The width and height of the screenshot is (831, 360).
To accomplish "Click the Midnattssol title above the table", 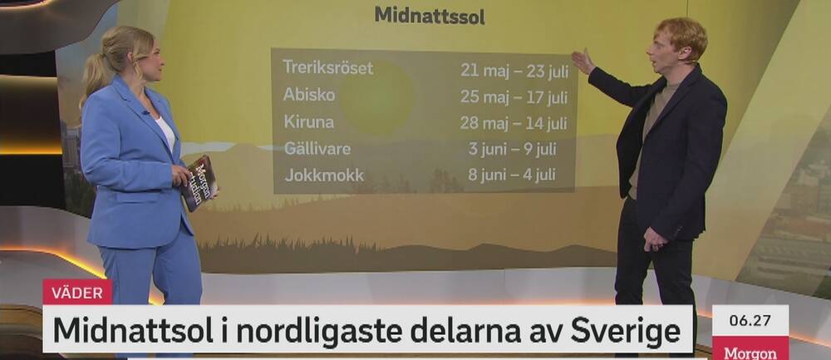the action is [430, 16].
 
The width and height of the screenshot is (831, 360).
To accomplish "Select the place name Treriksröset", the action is [328, 68].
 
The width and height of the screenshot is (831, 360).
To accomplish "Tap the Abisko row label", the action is [309, 95].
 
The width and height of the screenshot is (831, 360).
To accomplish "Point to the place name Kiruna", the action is [309, 122].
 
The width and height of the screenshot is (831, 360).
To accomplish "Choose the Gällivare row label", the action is [317, 149].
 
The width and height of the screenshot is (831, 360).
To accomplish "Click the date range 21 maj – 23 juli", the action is [514, 71].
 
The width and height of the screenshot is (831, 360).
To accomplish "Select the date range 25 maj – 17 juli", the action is [514, 97].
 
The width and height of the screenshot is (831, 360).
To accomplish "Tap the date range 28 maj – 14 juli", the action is [514, 124].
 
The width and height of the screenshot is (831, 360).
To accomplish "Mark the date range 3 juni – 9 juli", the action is [512, 149].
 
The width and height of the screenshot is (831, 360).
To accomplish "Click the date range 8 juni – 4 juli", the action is [511, 175].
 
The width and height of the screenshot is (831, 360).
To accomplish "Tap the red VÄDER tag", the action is [77, 292].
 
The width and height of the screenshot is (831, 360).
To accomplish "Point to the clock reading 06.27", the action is [750, 321].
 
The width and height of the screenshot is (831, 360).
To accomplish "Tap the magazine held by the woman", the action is [199, 183].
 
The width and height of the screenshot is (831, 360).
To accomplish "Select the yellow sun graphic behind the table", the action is [376, 97].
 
